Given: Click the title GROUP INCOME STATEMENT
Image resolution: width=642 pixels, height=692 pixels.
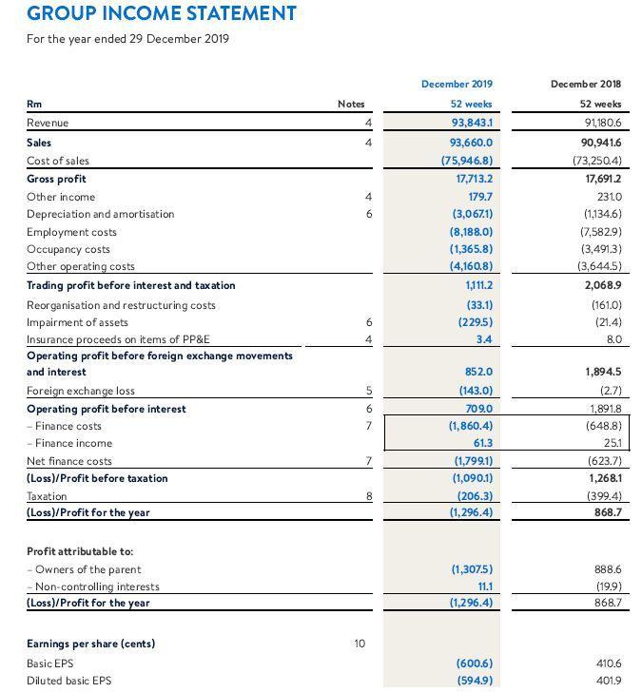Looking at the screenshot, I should pyautogui.click(x=162, y=14).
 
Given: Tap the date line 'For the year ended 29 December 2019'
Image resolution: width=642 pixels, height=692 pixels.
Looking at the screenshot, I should pyautogui.click(x=127, y=39).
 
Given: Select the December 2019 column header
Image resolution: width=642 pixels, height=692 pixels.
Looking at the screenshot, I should pyautogui.click(x=462, y=85).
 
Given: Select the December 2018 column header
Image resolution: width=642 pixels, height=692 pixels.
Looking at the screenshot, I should pyautogui.click(x=587, y=85).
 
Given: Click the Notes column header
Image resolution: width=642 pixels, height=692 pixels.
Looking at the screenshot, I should pyautogui.click(x=351, y=105).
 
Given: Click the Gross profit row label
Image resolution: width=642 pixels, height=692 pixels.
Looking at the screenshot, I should pyautogui.click(x=56, y=179).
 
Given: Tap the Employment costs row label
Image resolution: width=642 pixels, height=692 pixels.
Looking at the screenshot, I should pyautogui.click(x=71, y=232).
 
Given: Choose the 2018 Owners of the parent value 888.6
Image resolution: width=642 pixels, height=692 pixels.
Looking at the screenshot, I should pyautogui.click(x=605, y=569).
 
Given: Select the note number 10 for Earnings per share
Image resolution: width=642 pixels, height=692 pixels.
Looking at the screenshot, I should pyautogui.click(x=359, y=644).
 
